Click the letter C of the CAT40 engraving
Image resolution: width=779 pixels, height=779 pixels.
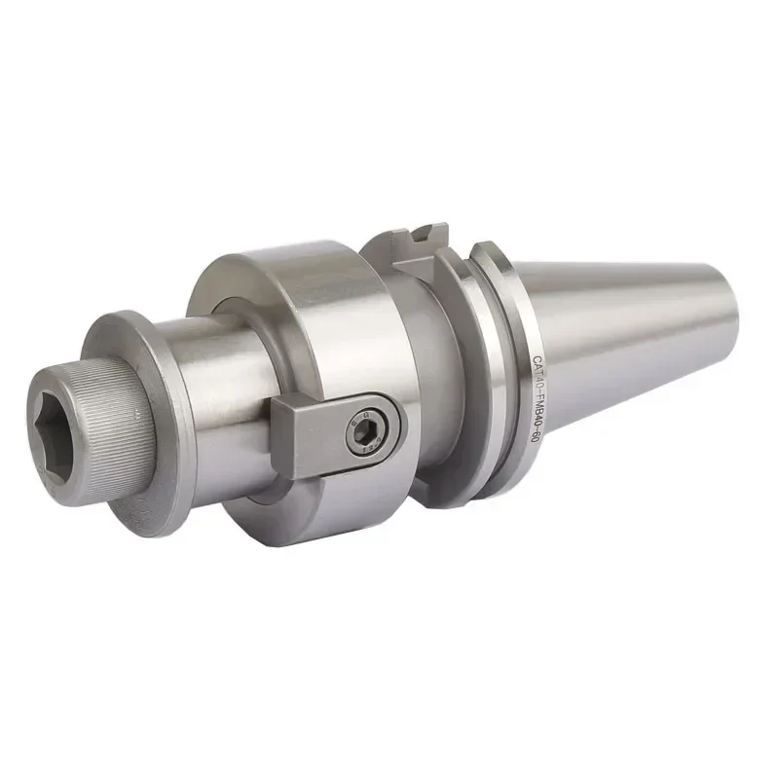(537, 359)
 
